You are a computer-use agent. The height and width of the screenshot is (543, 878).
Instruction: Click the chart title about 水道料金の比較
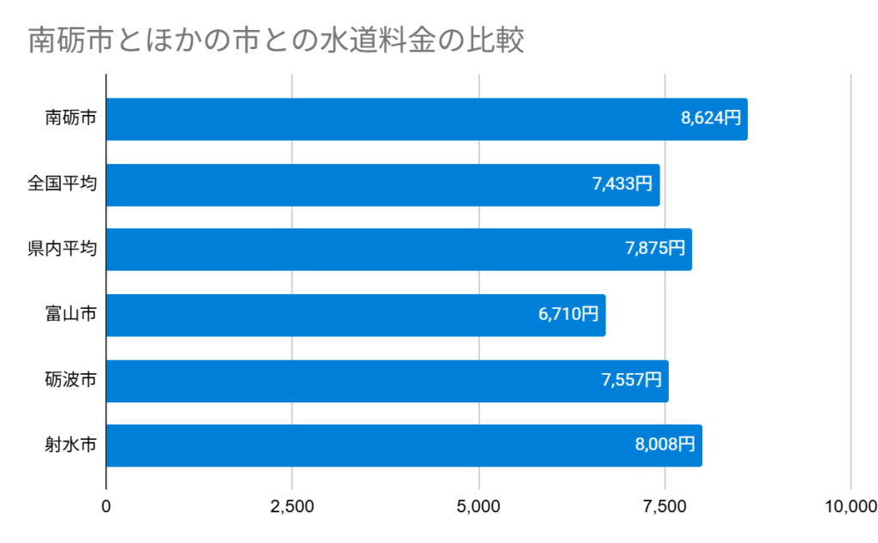(x=275, y=40)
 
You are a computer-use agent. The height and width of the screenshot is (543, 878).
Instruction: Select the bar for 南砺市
(x=426, y=119)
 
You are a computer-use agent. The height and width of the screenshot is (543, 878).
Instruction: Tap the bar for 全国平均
(x=382, y=184)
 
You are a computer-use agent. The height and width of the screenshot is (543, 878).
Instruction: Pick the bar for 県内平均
(x=399, y=250)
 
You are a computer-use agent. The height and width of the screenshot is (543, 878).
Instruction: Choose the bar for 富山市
(x=356, y=315)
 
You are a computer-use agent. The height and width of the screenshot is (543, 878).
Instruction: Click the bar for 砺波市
(x=387, y=380)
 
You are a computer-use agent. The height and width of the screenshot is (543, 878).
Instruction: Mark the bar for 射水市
(x=404, y=445)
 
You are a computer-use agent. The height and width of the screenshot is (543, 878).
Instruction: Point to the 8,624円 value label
(x=711, y=119)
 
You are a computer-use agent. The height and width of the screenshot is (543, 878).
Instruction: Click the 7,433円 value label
(x=622, y=184)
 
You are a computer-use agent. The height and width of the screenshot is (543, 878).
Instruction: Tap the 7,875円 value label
(x=655, y=250)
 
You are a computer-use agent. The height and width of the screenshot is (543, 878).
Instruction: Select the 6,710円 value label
(x=568, y=315)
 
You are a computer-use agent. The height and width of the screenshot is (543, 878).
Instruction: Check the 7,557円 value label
(x=632, y=380)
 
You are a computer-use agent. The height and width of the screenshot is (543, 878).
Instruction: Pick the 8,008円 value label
(x=665, y=445)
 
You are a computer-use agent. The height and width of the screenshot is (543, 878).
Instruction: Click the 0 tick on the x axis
(x=106, y=506)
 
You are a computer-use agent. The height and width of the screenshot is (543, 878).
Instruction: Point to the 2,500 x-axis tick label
(x=292, y=506)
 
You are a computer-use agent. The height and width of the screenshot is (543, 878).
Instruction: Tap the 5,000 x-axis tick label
(x=478, y=506)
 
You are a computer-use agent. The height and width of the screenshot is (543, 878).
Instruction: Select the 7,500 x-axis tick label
(x=665, y=506)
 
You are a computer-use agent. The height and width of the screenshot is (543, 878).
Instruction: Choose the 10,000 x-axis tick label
(x=849, y=506)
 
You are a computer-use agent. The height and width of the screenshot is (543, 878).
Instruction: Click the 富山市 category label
(x=70, y=315)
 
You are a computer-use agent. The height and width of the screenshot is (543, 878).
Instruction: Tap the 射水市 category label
(x=70, y=445)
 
